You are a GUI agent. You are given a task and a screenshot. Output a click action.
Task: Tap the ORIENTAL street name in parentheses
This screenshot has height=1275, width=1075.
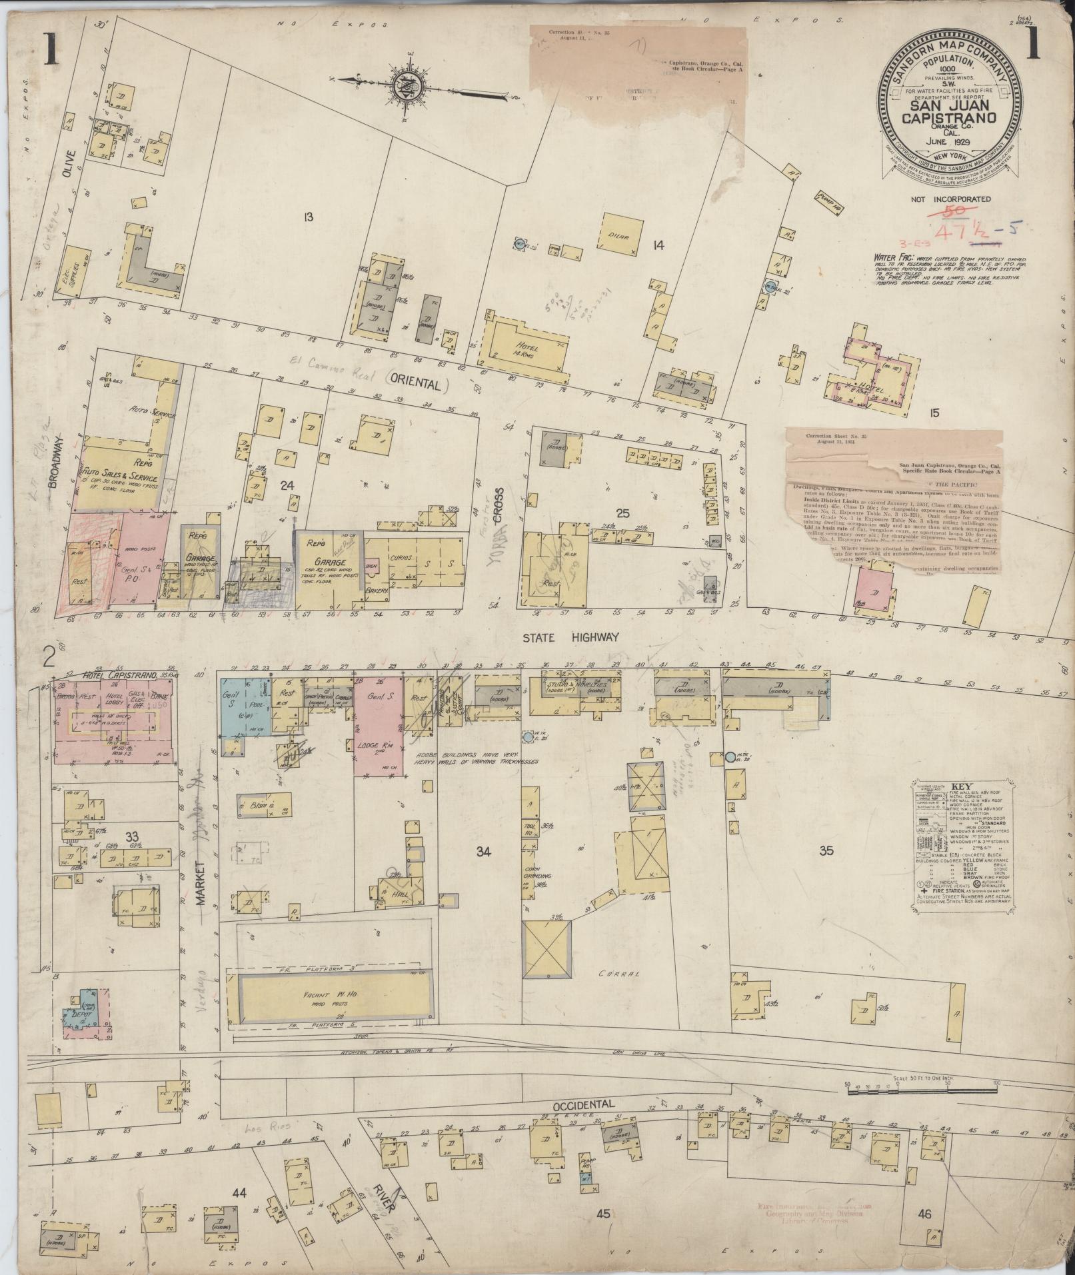(415, 385)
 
